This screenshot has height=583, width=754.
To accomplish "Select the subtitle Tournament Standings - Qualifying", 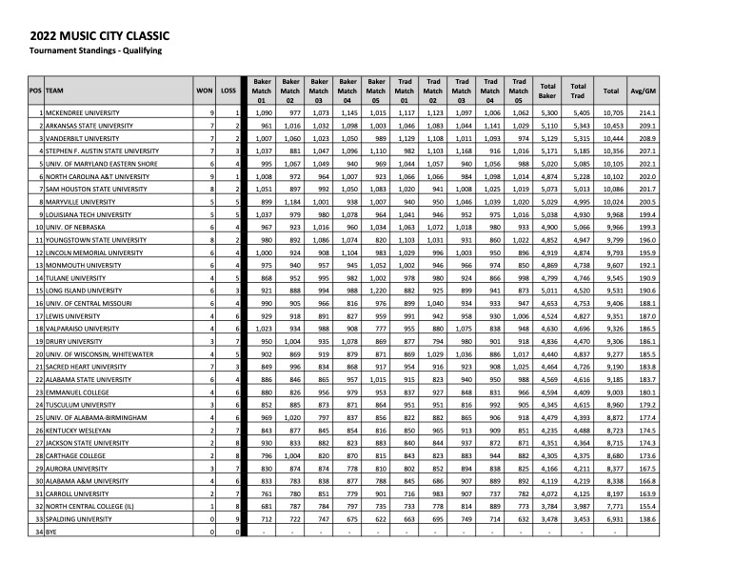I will pyautogui.click(x=96, y=50).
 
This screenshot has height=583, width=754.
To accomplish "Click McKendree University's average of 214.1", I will pyautogui.click(x=643, y=113).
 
